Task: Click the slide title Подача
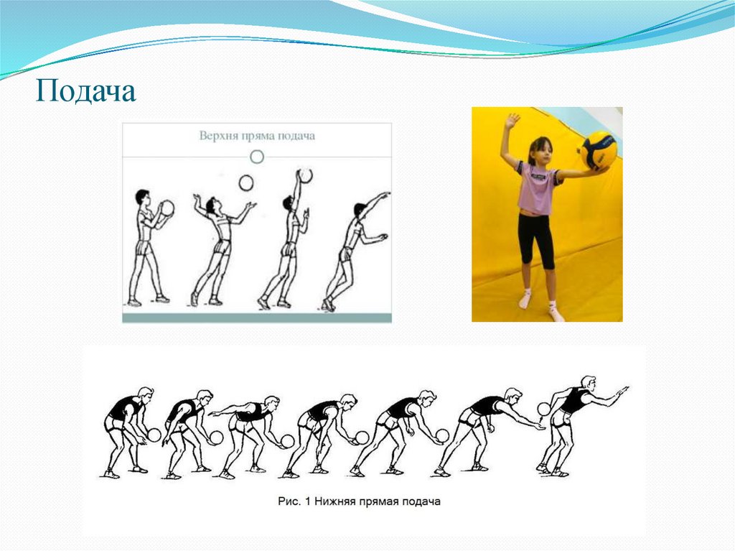point(86,91)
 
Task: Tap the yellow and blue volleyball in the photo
point(599,151)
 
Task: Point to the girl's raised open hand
point(510,121)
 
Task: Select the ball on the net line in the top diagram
point(257,157)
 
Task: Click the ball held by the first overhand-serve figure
point(167,208)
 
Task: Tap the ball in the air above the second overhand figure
point(246,183)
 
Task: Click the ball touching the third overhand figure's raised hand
point(306,175)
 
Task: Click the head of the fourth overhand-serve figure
point(360,210)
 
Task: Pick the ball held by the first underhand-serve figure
point(154,435)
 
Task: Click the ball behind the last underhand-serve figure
point(544,409)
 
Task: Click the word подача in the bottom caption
point(421,501)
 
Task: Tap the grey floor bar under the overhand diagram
point(257,318)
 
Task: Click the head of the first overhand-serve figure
point(142,197)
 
